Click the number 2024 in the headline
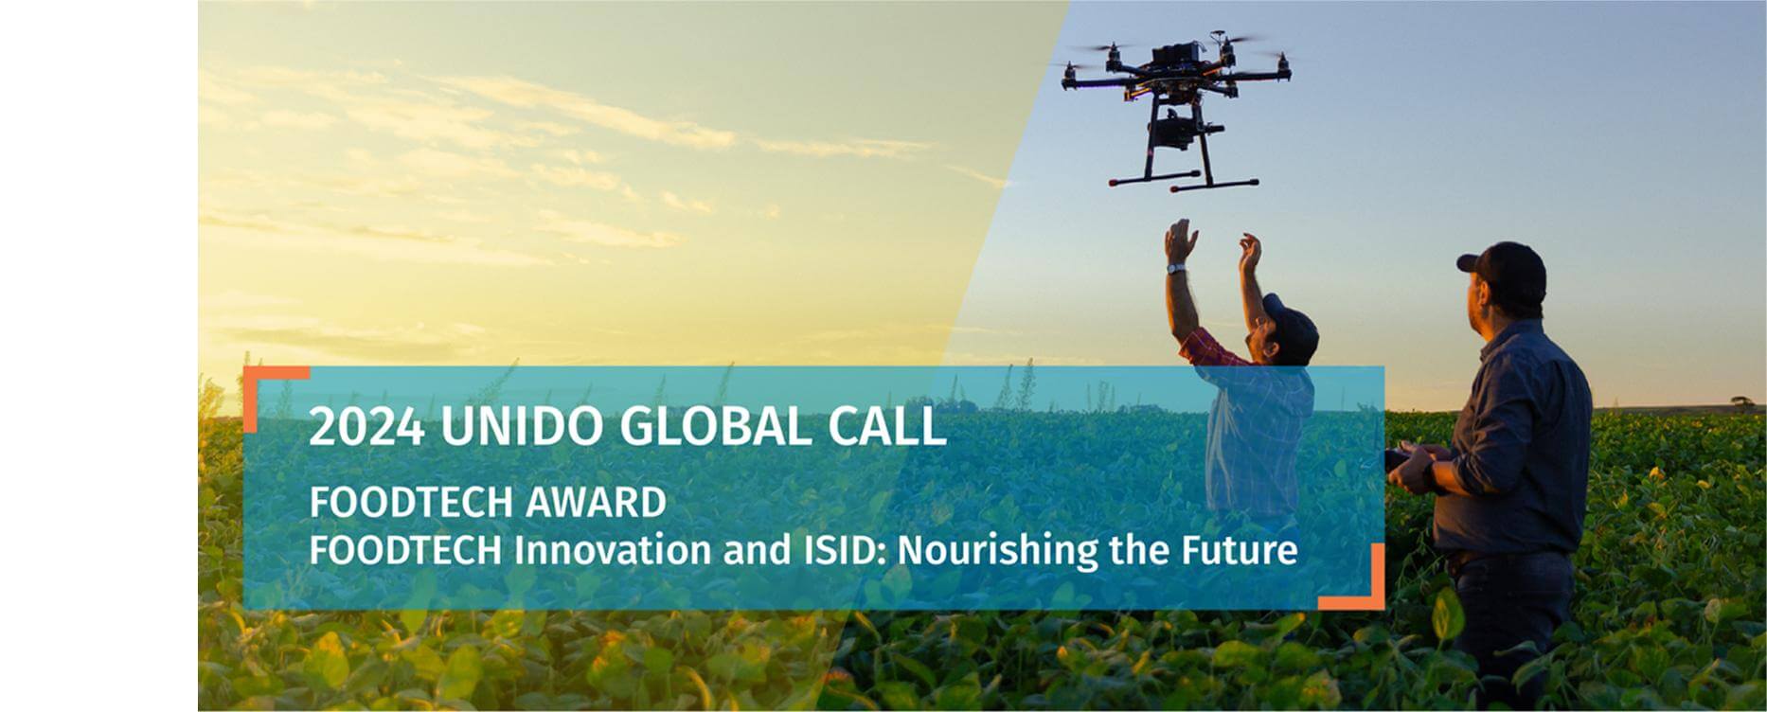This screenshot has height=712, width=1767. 366,427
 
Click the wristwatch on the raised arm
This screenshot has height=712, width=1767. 1175,269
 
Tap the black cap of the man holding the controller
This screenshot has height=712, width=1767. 1506,271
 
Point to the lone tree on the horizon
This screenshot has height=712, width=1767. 1741,401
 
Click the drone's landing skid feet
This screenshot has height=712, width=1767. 1184,183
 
